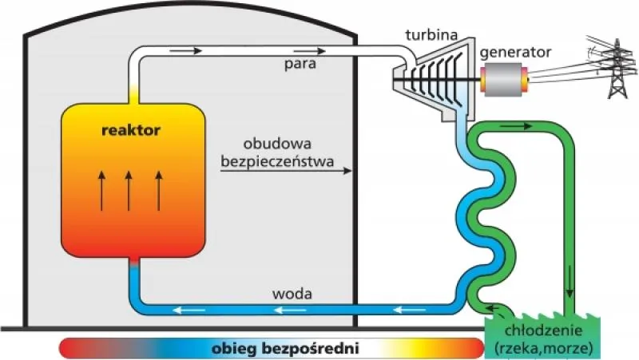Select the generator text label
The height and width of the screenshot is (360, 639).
(515, 53)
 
